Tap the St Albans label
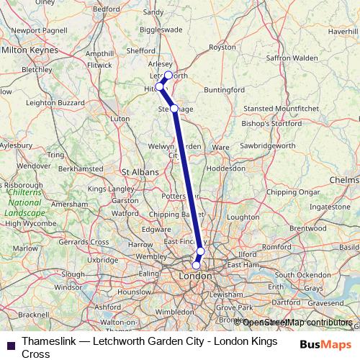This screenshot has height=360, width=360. click(136, 172)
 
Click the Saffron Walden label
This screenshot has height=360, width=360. click(292, 58)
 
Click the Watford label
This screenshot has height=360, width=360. click(125, 213)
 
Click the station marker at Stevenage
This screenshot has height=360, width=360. click(174, 108)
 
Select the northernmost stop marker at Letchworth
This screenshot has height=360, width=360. click(168, 75)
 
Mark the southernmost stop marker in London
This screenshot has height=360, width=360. click(196, 265)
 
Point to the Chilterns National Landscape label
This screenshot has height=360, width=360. click(25, 203)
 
